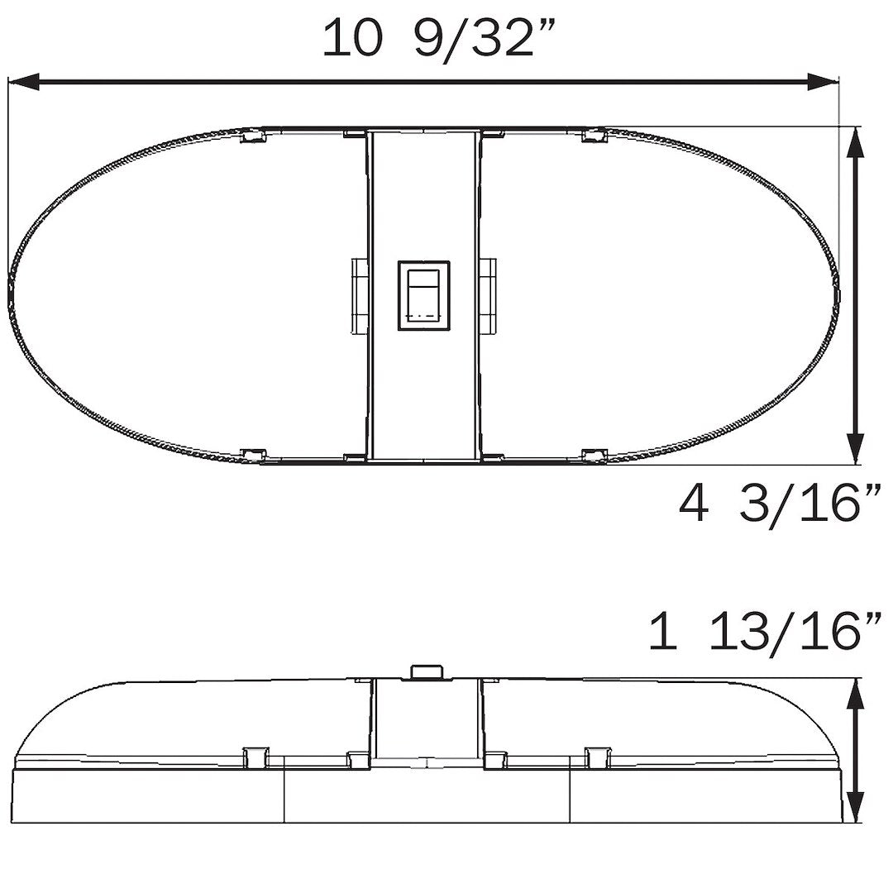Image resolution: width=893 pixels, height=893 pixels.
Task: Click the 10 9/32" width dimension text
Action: tap(437, 39)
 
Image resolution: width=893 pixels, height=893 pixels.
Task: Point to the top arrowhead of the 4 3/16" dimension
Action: tap(857, 146)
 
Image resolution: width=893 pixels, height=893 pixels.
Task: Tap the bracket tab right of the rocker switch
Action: tap(489, 294)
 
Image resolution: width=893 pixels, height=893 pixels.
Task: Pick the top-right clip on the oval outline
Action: tap(593, 135)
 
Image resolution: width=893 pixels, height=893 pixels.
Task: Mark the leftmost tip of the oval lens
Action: tap(10, 294)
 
